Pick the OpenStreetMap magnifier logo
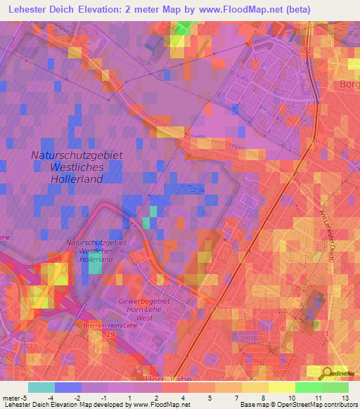pyautogui.click(x=328, y=373)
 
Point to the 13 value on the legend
pyautogui.click(x=344, y=397)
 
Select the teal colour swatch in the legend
pyautogui.click(x=41, y=387)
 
